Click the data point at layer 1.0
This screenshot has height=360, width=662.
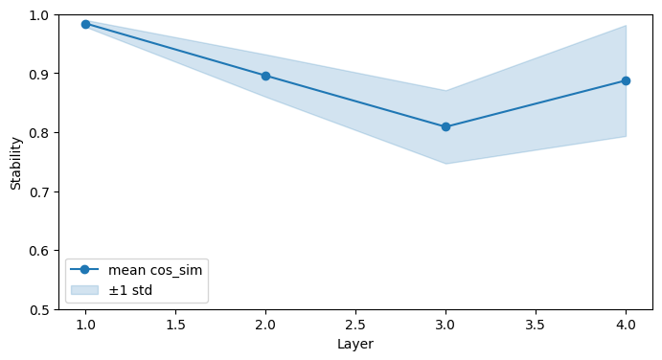tap(85, 25)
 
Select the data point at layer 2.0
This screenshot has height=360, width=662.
tap(265, 76)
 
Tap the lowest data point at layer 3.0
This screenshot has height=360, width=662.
tap(445, 126)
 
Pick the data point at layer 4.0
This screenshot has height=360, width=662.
tap(626, 80)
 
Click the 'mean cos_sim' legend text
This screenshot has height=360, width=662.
tap(155, 270)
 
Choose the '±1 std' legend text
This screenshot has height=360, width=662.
tap(130, 290)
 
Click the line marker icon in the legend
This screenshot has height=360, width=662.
tap(85, 270)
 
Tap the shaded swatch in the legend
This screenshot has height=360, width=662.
tap(85, 290)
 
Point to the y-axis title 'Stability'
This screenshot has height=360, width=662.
tap(15, 164)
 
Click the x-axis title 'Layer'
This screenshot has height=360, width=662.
tap(355, 344)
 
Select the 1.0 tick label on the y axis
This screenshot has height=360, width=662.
tap(39, 15)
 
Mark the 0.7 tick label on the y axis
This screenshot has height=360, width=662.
tap(39, 192)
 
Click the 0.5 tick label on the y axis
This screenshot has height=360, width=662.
tap(39, 310)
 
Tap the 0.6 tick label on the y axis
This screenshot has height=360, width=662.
tap(39, 251)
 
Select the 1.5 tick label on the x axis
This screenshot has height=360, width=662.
tap(175, 325)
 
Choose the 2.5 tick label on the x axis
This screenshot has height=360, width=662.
tap(355, 325)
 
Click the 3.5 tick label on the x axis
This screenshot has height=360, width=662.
tap(536, 325)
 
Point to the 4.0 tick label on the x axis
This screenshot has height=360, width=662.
tap(626, 325)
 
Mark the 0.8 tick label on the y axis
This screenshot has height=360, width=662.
tap(39, 133)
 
